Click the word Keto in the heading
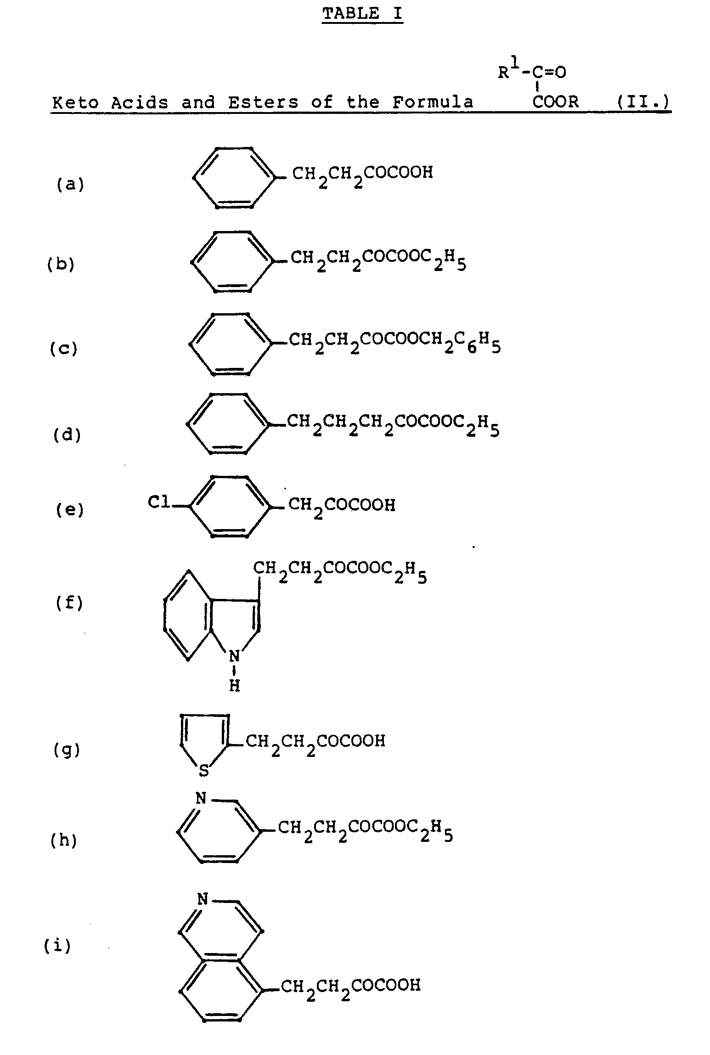click(75, 102)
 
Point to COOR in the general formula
click(556, 102)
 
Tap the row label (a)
click(70, 185)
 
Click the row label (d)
click(67, 434)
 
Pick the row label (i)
click(57, 946)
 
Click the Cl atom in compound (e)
click(159, 503)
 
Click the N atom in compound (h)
click(201, 799)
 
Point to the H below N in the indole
click(234, 686)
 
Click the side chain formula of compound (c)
click(394, 343)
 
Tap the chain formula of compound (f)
click(340, 572)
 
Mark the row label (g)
click(67, 750)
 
